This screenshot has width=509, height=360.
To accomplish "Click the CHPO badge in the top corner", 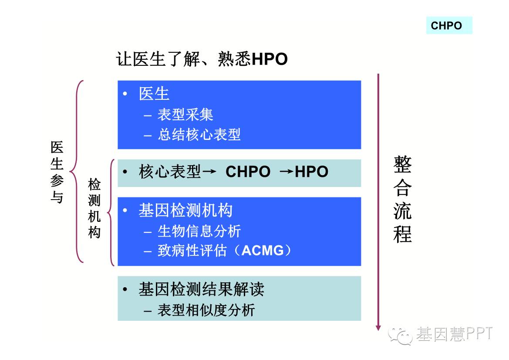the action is click(449, 25).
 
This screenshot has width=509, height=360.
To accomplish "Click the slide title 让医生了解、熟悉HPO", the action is click(202, 59).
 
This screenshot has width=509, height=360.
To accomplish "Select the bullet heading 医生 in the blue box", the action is click(154, 94).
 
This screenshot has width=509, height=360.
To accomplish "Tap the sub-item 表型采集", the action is click(185, 115).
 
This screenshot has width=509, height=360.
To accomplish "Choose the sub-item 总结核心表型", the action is click(199, 135).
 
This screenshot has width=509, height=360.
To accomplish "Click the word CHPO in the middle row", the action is click(248, 172).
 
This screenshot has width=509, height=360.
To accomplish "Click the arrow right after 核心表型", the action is click(209, 171).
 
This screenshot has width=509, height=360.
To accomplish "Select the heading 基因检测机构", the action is click(185, 210).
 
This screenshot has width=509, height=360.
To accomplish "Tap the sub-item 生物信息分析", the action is click(199, 231).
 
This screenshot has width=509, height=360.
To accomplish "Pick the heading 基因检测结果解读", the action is click(201, 289).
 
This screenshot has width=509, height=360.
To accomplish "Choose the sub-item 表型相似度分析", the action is click(206, 310).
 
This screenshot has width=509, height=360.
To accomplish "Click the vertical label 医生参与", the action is click(57, 172).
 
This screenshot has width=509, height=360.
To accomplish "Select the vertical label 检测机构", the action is click(94, 208).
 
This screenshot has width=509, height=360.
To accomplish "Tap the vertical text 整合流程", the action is click(402, 200).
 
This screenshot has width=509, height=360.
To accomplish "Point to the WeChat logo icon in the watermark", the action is click(400, 335).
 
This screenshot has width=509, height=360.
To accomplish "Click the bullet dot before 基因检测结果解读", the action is click(125, 289).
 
